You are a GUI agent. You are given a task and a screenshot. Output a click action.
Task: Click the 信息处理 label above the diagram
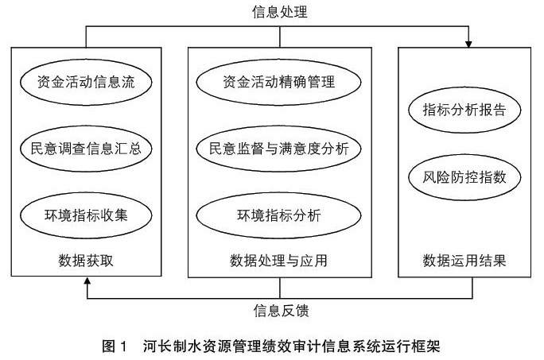click(x=279, y=12)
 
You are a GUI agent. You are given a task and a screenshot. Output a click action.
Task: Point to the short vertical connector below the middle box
click(x=280, y=287)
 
